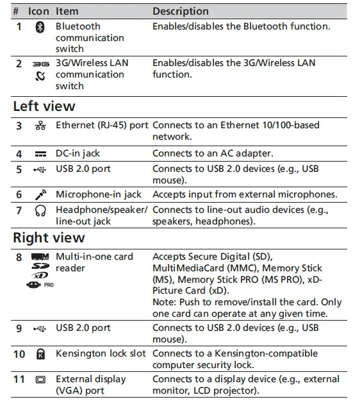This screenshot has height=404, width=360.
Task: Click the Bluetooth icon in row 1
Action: coord(40,27)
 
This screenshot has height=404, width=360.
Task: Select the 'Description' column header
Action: coord(181,11)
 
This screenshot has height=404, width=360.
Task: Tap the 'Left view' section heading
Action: coord(44,106)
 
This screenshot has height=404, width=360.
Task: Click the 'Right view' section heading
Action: coord(49,237)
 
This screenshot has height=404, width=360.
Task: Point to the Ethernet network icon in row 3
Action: coord(40,126)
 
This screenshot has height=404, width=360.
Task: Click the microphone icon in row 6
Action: coord(40,194)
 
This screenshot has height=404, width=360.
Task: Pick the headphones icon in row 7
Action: coord(40,210)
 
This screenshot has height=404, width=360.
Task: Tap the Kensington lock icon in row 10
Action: coord(40,354)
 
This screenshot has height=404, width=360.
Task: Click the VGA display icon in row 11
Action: coord(40,380)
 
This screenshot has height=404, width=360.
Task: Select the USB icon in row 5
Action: coord(40,169)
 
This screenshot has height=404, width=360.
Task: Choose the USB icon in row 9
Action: coord(40,328)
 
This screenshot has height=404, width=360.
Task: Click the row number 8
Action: coord(19,257)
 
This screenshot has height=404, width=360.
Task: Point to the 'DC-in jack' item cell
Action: coord(78,154)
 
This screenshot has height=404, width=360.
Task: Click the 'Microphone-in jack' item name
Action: coord(99,194)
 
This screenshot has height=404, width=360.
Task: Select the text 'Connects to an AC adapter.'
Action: coord(213,154)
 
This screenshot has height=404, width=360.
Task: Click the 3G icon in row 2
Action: coord(40,64)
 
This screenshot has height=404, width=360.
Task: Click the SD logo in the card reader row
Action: coord(40,265)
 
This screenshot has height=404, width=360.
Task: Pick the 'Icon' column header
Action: coord(38,11)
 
